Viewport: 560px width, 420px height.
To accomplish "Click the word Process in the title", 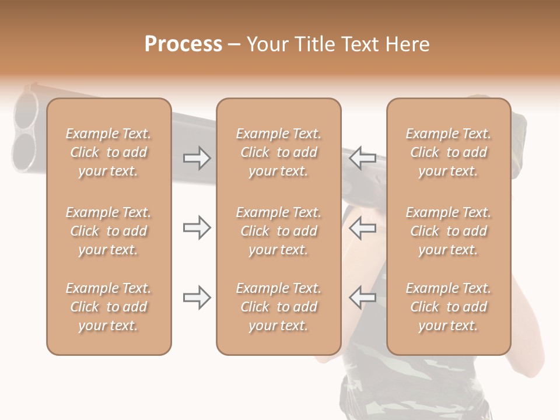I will (x=183, y=44).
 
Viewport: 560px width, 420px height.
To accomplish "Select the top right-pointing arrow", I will (x=197, y=158).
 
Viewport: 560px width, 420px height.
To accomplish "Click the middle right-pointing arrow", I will (x=197, y=228).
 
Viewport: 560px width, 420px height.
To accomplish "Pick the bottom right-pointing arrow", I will (x=197, y=297).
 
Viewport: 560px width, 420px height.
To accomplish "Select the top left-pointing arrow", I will (x=362, y=158).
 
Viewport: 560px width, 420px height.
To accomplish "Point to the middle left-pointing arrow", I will (x=362, y=228).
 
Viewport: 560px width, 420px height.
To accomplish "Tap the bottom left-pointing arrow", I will (x=362, y=297).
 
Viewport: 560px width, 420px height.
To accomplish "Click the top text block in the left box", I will (x=108, y=152).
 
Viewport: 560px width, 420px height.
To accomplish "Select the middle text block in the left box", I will (x=108, y=231).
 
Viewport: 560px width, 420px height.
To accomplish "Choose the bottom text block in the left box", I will (x=108, y=307).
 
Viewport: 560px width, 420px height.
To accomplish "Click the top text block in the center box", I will (x=279, y=152).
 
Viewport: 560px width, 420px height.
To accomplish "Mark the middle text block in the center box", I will (x=279, y=231).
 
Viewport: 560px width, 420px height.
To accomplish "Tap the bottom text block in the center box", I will (x=279, y=307).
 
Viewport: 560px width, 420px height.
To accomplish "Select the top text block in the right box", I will (x=449, y=152).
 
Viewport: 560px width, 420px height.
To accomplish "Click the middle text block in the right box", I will (x=449, y=231).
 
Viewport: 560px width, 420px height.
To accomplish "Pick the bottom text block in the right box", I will (x=449, y=307).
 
